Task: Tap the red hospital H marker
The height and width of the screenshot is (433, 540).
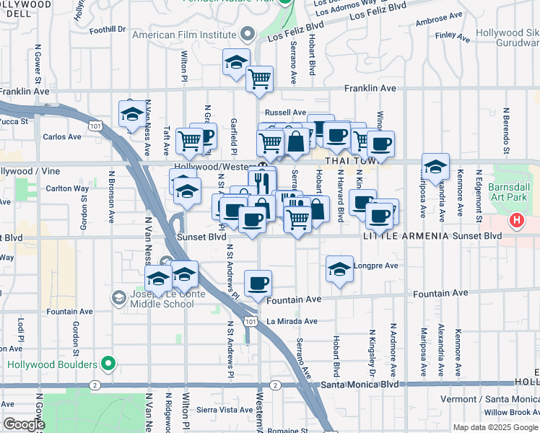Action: (x=517, y=220)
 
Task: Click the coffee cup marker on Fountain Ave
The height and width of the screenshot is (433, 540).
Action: (x=257, y=283)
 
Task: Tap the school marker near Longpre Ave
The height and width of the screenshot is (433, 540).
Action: (x=339, y=269)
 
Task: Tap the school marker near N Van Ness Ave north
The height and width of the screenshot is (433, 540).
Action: (x=132, y=114)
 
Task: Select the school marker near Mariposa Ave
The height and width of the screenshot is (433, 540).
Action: (x=435, y=166)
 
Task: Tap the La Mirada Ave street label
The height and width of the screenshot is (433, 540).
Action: (x=292, y=321)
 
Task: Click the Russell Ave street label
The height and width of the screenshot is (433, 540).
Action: (x=286, y=113)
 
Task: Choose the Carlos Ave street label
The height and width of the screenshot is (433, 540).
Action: (x=58, y=136)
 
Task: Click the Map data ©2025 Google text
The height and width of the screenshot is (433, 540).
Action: (x=495, y=427)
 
